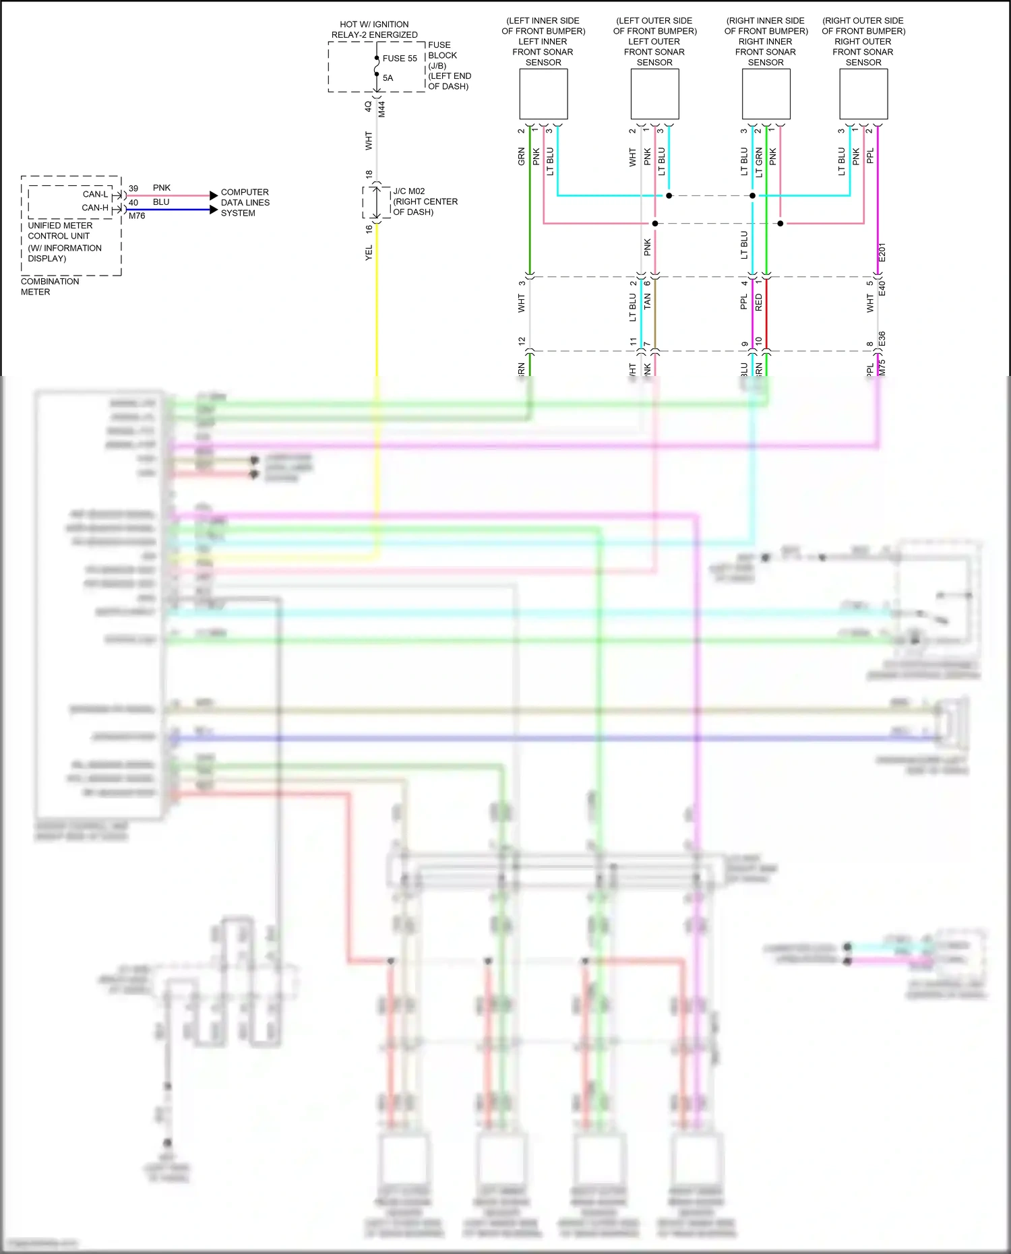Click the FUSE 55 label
(400, 59)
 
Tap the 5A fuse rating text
(388, 78)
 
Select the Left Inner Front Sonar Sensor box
(543, 95)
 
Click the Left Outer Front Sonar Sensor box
(654, 95)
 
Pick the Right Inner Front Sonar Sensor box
(766, 95)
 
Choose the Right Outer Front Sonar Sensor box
(863, 95)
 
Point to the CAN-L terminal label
(95, 194)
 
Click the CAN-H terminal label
(95, 208)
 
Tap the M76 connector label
(137, 216)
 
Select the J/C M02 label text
(409, 191)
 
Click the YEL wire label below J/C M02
(369, 253)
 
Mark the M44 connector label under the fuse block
(381, 109)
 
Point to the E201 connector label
(882, 253)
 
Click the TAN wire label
(647, 301)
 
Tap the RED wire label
(758, 302)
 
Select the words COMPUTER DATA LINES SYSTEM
(245, 202)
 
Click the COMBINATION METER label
(50, 286)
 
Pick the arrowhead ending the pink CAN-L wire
(214, 195)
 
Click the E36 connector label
(882, 340)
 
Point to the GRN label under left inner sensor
(521, 157)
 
